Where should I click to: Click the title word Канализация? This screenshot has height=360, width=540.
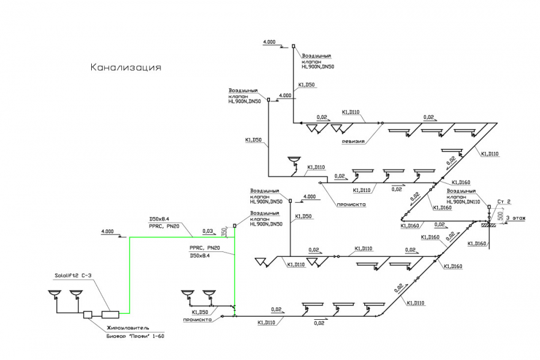[x=125, y=67]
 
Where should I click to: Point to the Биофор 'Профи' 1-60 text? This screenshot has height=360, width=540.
[x=131, y=337]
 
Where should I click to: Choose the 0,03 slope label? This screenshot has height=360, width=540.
[x=208, y=230]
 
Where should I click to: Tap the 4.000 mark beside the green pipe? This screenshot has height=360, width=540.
[x=108, y=231]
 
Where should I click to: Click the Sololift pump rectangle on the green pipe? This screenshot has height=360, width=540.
[x=110, y=313]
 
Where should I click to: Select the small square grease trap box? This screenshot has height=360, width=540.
[x=87, y=314]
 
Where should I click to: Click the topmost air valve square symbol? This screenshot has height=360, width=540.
[x=293, y=46]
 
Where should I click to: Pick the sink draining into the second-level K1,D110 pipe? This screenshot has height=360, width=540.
[x=294, y=160]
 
